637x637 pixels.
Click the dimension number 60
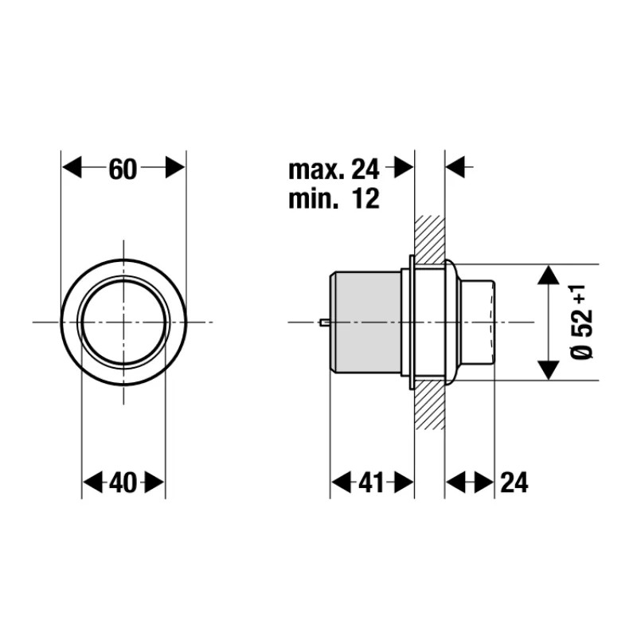pyautogui.click(x=123, y=169)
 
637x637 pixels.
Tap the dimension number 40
pyautogui.click(x=123, y=483)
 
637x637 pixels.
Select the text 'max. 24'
pyautogui.click(x=334, y=169)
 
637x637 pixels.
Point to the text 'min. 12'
pyautogui.click(x=334, y=198)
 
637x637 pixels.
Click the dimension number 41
pyautogui.click(x=372, y=483)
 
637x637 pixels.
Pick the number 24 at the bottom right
pyautogui.click(x=514, y=483)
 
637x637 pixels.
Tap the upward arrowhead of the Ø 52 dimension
pyautogui.click(x=547, y=275)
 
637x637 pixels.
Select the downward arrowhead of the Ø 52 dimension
pyautogui.click(x=547, y=369)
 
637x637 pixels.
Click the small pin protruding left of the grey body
pyautogui.click(x=323, y=322)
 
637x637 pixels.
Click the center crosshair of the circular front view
pyautogui.click(x=123, y=322)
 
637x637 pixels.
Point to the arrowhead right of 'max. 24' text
pyautogui.click(x=404, y=168)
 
